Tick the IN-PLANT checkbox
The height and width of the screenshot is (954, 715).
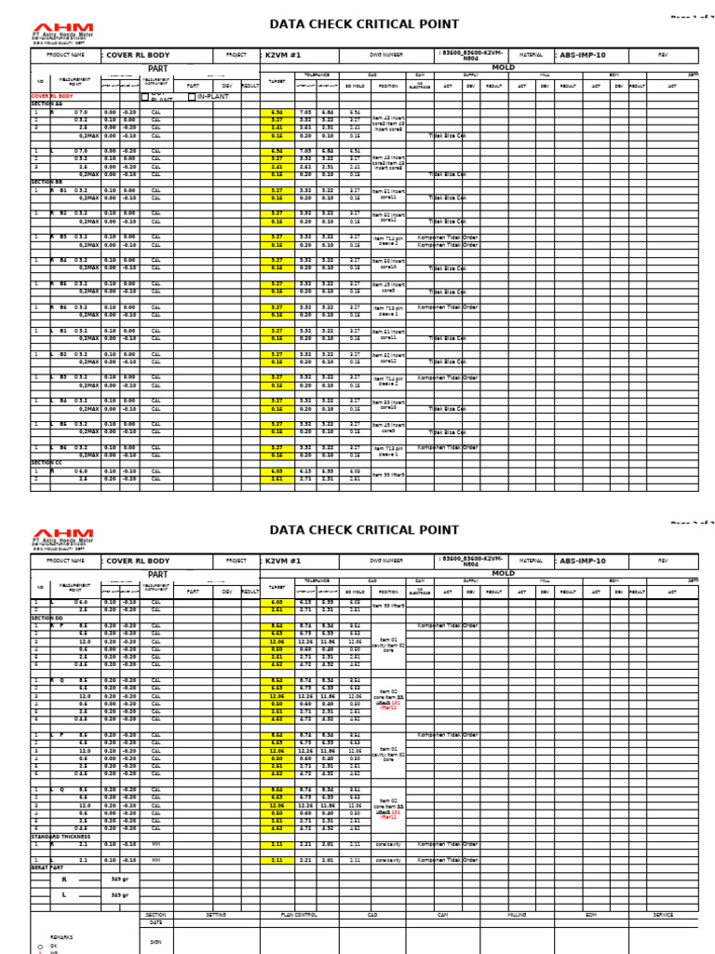point(192,97)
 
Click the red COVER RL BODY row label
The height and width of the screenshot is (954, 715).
point(53,96)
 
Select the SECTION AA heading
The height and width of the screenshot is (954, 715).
point(47,103)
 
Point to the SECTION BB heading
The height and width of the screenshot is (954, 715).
point(47,182)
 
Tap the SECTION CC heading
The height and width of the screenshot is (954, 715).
point(47,462)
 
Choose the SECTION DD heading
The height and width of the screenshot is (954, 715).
point(47,618)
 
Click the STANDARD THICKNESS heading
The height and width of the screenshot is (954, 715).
point(61,837)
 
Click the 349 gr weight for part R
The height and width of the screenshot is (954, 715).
point(119,879)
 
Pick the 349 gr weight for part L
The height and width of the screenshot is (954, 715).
point(119,894)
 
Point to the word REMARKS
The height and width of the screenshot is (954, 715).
point(61,936)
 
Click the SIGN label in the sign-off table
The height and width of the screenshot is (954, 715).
point(155,942)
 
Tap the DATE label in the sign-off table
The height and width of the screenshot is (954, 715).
point(155,923)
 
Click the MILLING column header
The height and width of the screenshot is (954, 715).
point(518,915)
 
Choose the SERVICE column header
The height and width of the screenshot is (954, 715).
point(663,915)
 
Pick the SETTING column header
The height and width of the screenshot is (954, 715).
point(215,915)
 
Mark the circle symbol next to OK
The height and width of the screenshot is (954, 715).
point(40,946)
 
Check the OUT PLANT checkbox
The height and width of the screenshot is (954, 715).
point(144,96)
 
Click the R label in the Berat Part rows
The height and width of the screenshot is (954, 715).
point(64,879)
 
